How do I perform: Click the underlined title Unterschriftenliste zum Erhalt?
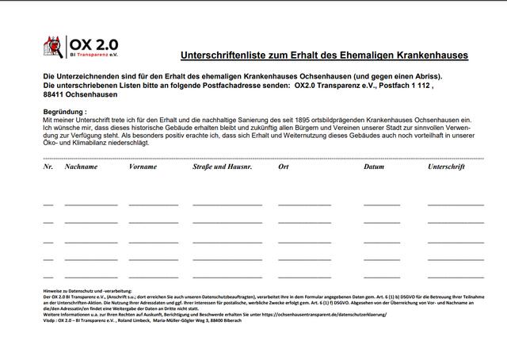click(325, 56)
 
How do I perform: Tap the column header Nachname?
click(82, 167)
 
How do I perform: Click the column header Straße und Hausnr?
click(221, 167)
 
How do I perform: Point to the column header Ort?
click(284, 167)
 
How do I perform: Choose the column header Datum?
click(374, 167)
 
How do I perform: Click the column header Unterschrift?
click(447, 167)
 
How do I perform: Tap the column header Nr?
click(48, 167)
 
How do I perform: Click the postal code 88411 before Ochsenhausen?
click(54, 95)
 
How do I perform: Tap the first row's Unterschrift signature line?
click(455, 205)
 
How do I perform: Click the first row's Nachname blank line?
click(91, 205)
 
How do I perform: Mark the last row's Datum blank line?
click(382, 277)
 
